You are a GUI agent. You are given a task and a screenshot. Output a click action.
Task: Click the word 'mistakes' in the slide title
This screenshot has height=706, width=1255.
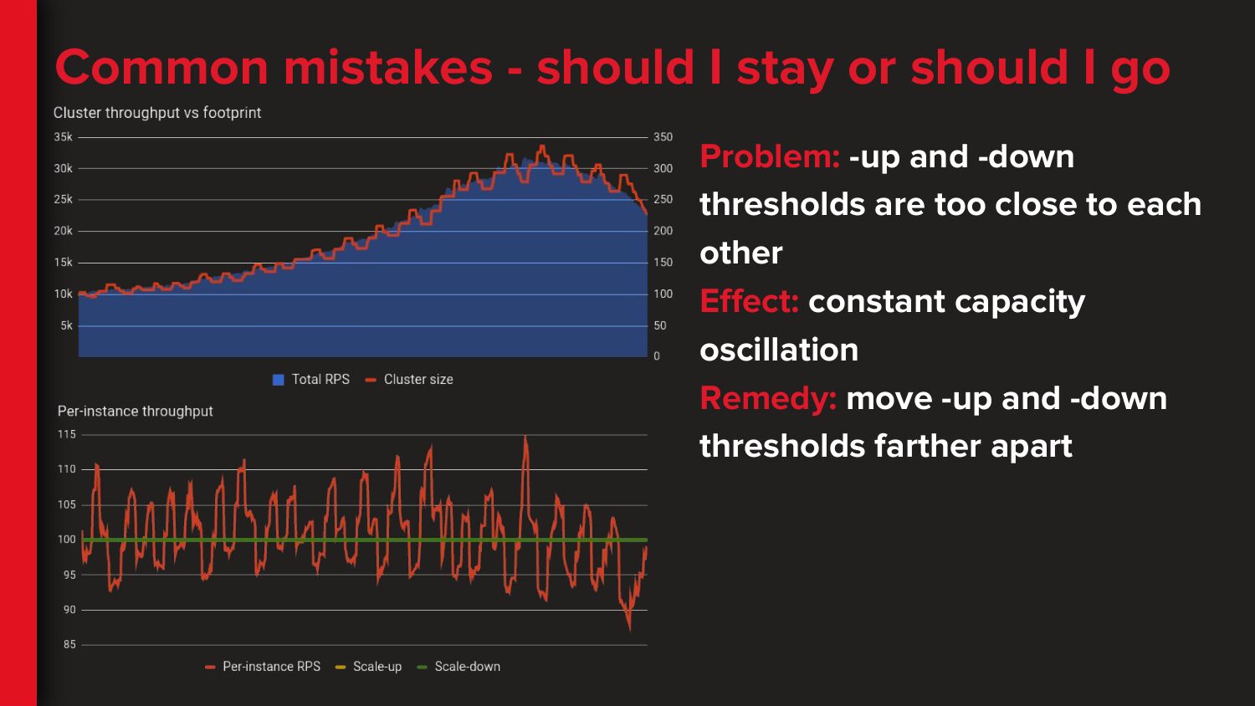click(387, 68)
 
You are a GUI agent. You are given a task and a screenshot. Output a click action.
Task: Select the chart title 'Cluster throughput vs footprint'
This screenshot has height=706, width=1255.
click(157, 113)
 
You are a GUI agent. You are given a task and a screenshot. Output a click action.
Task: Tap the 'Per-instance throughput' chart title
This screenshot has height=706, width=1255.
click(135, 412)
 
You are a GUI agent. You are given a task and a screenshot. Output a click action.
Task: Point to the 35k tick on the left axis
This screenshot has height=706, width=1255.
click(64, 137)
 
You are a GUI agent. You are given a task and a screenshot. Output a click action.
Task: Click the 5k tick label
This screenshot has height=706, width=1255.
click(67, 325)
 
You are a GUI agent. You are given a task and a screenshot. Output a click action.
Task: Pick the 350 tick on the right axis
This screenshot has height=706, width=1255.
click(663, 137)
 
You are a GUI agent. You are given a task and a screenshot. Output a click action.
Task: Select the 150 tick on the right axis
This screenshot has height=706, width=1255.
click(663, 262)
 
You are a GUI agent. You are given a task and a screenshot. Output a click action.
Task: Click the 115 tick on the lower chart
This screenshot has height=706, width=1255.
click(67, 434)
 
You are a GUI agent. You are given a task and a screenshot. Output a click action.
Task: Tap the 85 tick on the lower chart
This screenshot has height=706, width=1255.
click(69, 644)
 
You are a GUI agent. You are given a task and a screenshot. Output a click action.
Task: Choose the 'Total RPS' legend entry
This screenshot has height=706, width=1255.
click(311, 379)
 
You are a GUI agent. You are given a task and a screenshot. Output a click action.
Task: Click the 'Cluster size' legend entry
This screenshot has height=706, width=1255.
click(409, 379)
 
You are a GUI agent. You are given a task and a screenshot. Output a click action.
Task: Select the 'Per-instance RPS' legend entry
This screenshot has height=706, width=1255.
click(263, 666)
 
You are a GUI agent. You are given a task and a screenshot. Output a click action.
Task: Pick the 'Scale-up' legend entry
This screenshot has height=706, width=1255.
click(368, 666)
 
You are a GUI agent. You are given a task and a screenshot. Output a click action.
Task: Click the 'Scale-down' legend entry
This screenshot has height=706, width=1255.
click(458, 666)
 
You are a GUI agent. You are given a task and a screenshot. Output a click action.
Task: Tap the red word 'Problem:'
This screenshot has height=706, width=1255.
click(770, 156)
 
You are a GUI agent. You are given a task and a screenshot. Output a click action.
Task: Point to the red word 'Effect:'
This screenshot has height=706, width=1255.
click(749, 301)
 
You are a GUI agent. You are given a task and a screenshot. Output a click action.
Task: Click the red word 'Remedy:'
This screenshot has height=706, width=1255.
click(768, 399)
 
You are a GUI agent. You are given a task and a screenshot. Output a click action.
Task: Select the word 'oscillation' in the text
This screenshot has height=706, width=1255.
click(779, 350)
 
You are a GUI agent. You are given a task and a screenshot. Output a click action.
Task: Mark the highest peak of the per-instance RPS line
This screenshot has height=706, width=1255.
click(525, 437)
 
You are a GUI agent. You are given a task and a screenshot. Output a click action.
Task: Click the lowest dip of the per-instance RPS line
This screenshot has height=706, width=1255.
click(630, 631)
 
